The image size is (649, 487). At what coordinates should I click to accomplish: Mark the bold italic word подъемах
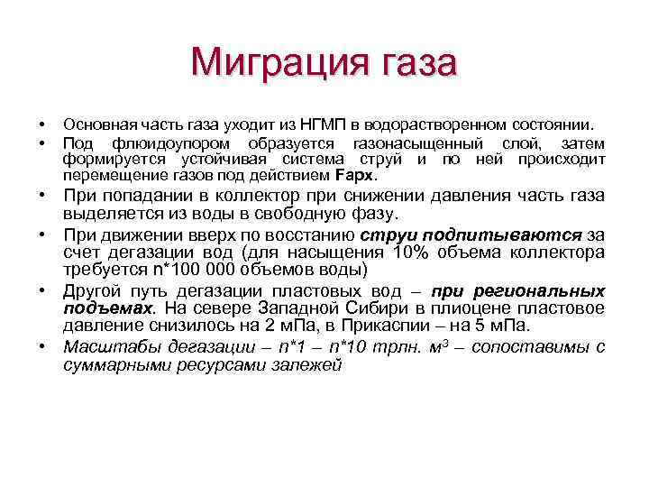click(x=105, y=308)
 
